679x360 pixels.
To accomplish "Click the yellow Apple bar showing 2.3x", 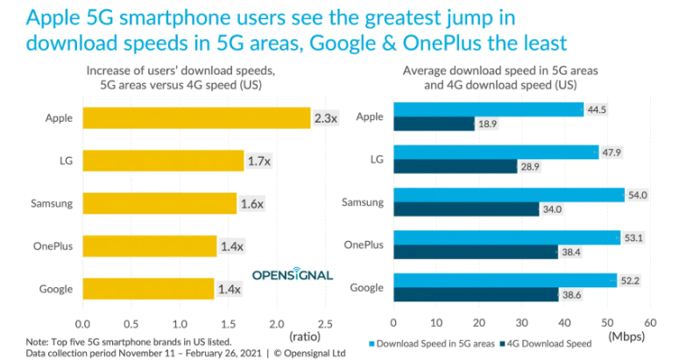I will (196, 117).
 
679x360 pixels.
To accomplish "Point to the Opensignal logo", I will (293, 273).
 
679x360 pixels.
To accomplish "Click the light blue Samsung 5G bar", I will (508, 195).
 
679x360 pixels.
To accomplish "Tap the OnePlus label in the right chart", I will (361, 246).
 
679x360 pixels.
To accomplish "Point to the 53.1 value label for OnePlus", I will (637, 237).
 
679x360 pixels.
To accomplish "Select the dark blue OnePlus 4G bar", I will (475, 252).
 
